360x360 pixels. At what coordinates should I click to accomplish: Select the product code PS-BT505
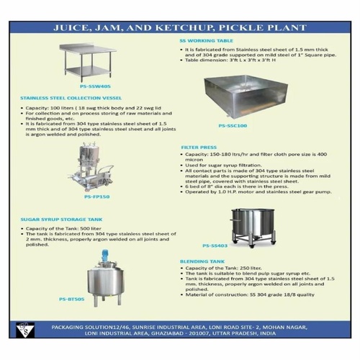(73, 298)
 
